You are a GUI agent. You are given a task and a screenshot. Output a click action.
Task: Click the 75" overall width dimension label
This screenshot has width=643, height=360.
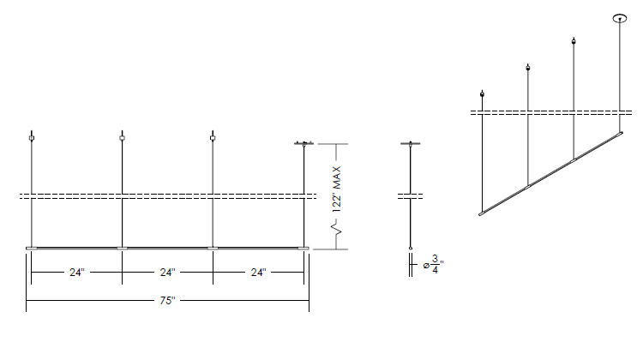click(167, 301)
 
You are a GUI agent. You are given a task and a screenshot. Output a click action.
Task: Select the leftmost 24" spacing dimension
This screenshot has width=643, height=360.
click(76, 273)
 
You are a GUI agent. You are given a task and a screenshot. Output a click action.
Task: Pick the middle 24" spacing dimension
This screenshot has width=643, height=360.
click(167, 273)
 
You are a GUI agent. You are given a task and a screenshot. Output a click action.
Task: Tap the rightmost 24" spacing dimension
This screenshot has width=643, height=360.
click(258, 273)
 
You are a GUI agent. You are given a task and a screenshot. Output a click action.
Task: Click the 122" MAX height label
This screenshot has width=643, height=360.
click(337, 189)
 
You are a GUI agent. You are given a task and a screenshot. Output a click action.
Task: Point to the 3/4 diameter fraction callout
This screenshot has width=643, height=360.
click(435, 265)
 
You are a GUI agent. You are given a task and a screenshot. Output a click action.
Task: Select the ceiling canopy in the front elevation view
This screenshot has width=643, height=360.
click(303, 143)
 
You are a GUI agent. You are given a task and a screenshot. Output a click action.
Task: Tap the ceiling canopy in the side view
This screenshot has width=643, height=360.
click(411, 143)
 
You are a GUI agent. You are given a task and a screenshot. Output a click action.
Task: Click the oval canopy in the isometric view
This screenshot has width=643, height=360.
click(620, 18)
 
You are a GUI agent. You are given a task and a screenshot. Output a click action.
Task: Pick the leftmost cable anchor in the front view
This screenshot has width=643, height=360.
click(32, 138)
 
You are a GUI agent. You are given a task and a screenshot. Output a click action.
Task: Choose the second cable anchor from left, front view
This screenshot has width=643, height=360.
click(123, 138)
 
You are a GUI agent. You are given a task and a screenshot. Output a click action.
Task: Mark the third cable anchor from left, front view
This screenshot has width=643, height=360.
click(213, 138)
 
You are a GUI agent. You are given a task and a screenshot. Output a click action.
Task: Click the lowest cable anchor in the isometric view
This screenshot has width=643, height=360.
click(482, 94)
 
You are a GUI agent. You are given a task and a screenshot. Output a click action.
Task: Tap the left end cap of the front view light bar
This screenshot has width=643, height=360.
click(31, 248)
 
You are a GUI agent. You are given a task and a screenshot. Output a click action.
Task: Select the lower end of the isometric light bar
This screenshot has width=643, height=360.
click(482, 213)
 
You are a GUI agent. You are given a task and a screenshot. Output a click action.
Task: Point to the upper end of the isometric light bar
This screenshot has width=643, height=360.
click(621, 133)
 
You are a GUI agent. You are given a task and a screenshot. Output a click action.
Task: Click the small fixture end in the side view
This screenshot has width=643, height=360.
click(411, 248)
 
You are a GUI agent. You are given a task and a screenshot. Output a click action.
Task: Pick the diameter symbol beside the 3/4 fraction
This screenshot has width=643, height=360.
click(426, 266)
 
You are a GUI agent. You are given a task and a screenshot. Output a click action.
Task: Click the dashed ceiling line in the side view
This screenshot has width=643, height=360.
click(410, 196)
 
